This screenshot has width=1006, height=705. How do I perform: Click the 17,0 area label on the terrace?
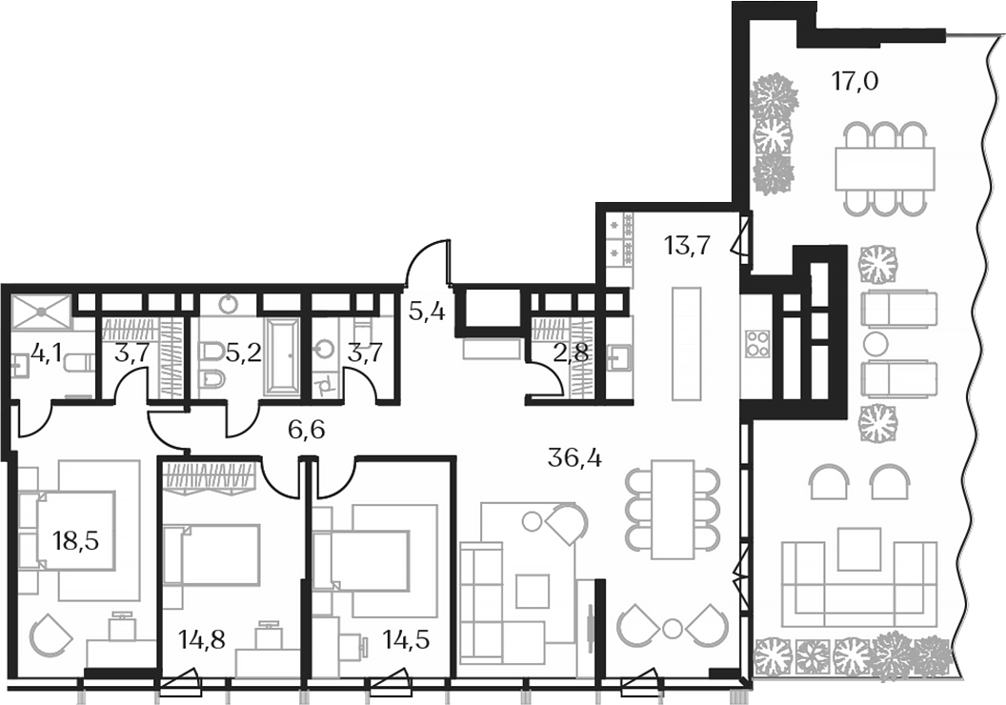click(854, 81)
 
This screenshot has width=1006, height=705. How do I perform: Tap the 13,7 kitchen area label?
click(687, 248)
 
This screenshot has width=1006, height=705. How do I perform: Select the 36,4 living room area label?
click(574, 459)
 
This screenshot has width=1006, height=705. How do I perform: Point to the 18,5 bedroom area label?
click(76, 544)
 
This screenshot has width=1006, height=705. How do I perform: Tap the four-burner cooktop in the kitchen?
click(757, 343)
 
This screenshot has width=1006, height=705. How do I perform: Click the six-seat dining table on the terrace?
click(884, 169)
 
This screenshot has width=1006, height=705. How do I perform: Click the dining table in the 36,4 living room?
click(674, 509)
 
